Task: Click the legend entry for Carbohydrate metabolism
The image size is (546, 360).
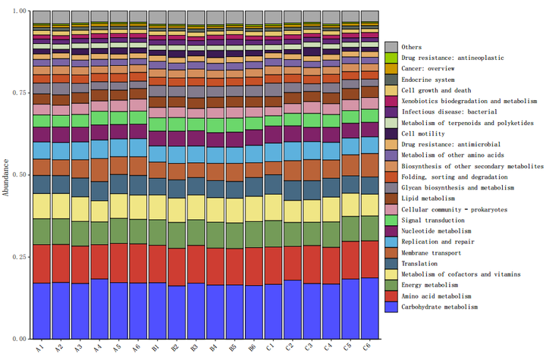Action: (x=439, y=307)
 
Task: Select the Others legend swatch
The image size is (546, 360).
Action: (x=391, y=47)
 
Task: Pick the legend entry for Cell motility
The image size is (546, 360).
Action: (x=422, y=133)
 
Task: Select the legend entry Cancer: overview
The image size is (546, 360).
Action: (x=429, y=68)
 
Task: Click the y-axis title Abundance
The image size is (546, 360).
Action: (x=7, y=177)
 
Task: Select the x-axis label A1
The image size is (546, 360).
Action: (x=40, y=348)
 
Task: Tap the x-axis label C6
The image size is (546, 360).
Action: (x=369, y=348)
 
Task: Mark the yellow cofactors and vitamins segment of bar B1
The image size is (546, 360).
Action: (x=157, y=206)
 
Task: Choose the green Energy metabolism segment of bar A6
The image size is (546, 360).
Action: (x=138, y=231)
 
